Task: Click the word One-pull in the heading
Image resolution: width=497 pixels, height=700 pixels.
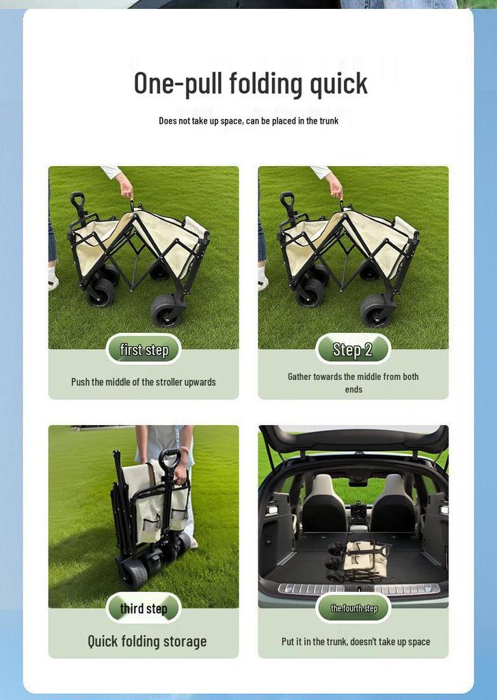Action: click(x=178, y=83)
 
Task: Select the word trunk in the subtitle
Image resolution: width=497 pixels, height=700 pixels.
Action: click(x=330, y=120)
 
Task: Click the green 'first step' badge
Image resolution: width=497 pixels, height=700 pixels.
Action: click(x=144, y=349)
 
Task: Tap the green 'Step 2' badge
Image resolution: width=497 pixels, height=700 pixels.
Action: click(x=353, y=349)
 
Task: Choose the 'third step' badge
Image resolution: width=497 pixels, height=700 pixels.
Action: click(x=144, y=608)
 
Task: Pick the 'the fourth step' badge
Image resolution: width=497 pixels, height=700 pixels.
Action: click(x=353, y=608)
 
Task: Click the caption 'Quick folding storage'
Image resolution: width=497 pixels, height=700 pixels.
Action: click(x=147, y=641)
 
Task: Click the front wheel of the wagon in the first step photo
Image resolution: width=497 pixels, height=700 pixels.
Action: click(x=167, y=310)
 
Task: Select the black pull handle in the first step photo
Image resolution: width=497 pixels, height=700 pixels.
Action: click(x=79, y=208)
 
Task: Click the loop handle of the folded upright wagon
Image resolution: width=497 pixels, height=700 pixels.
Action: click(x=170, y=458)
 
